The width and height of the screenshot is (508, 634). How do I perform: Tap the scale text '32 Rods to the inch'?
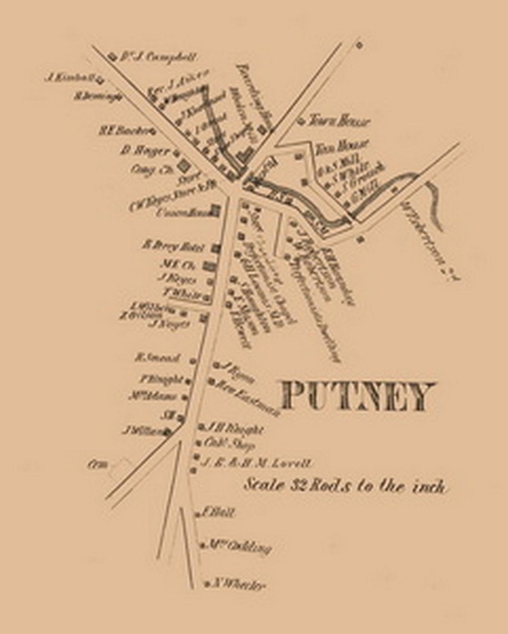click(x=345, y=485)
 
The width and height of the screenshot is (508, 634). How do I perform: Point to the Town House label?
click(x=339, y=122)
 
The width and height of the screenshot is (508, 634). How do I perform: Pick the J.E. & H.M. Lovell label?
click(x=256, y=462)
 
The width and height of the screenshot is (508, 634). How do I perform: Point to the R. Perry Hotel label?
click(x=173, y=246)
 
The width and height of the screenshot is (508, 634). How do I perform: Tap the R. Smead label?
click(x=158, y=358)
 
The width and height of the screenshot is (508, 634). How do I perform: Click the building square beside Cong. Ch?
click(x=183, y=167)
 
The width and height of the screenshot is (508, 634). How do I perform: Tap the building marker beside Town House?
click(x=300, y=121)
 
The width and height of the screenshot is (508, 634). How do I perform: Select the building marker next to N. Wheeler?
click(x=207, y=584)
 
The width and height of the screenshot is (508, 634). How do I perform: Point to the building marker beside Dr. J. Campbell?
click(x=112, y=56)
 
